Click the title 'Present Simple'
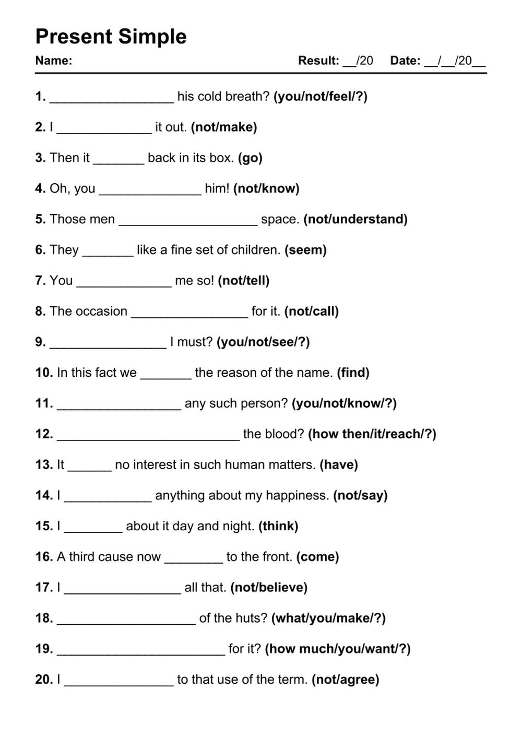click(x=111, y=37)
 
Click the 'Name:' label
click(x=53, y=61)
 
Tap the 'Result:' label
click(x=318, y=61)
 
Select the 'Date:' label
click(x=405, y=61)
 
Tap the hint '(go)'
click(x=250, y=158)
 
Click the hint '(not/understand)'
click(x=355, y=219)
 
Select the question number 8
click(x=40, y=312)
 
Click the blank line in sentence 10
click(x=165, y=377)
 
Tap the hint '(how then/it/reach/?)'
click(x=372, y=434)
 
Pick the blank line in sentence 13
click(x=89, y=469)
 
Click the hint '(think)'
click(x=278, y=526)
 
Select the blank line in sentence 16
click(x=193, y=561)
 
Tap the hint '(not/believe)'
click(x=269, y=588)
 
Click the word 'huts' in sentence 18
click(x=255, y=618)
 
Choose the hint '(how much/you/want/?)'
click(x=338, y=649)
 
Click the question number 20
click(x=44, y=680)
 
